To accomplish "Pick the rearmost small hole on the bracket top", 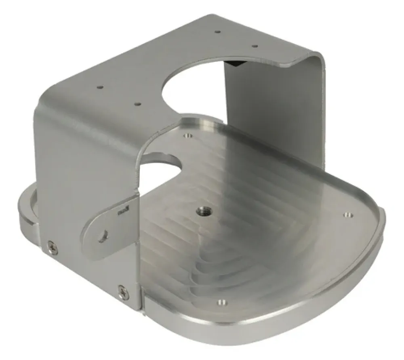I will coord(217,31).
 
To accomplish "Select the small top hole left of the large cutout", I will coord(138,104).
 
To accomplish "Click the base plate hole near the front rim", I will coord(221,301).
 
